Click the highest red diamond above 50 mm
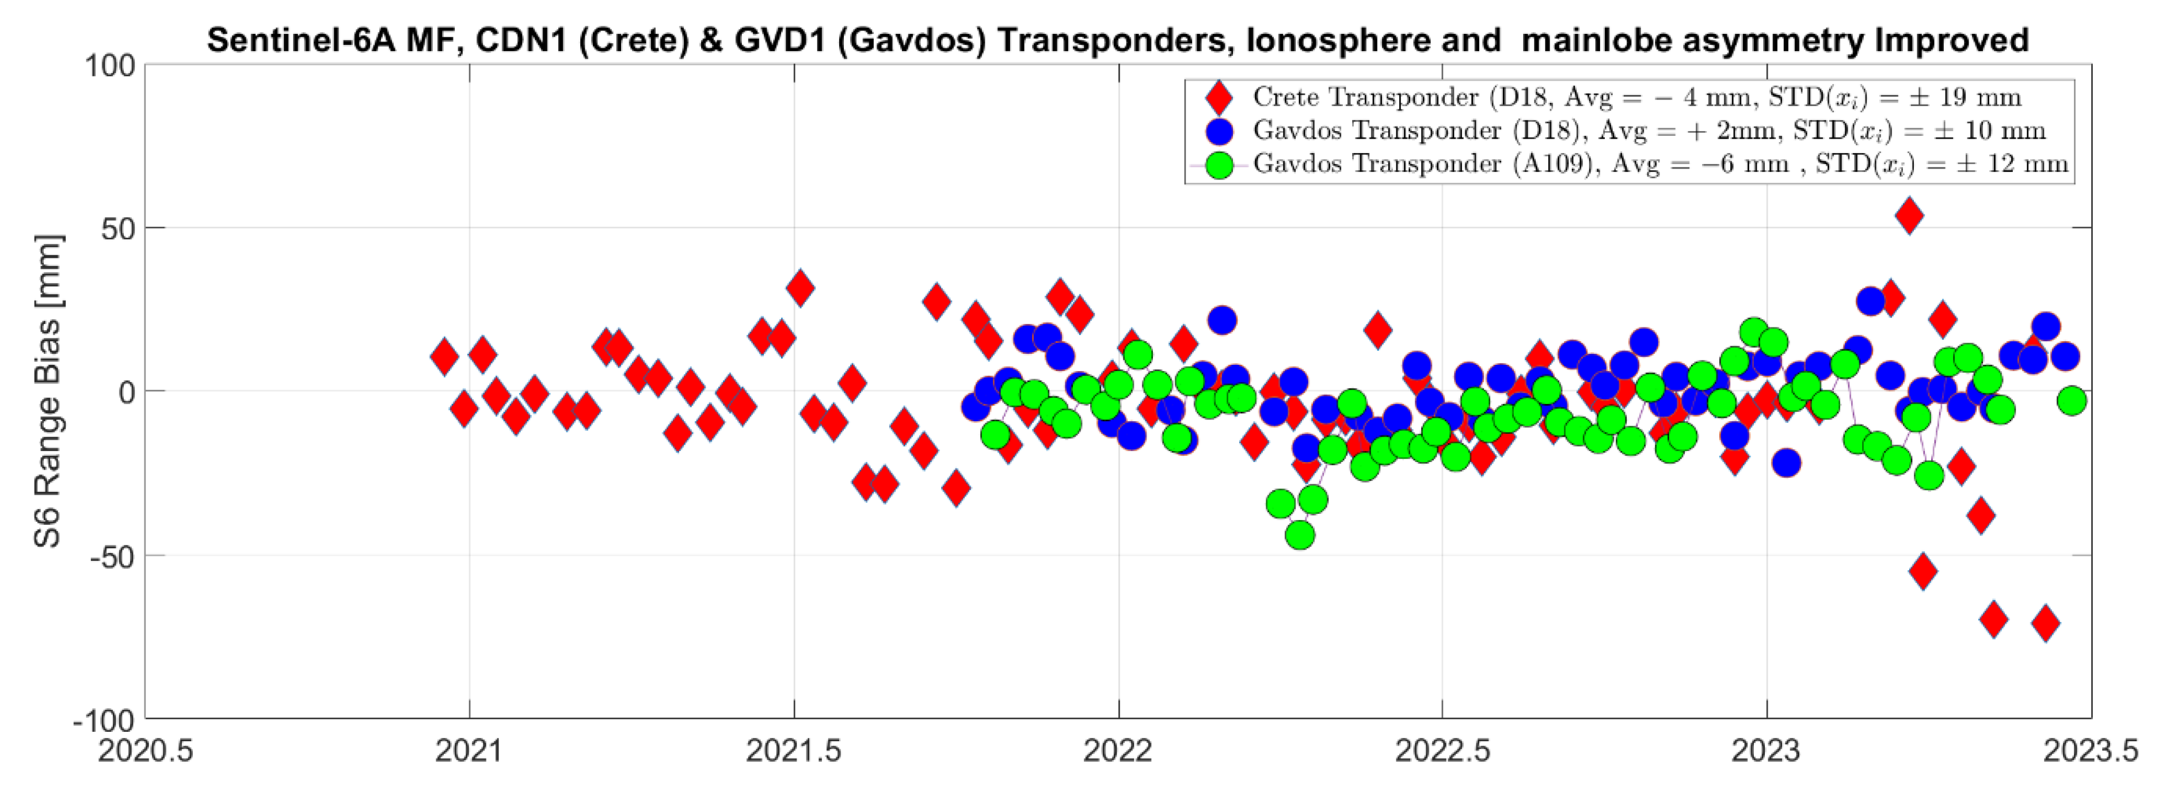point(1909,216)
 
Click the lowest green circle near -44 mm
point(1300,535)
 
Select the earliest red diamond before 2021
point(445,357)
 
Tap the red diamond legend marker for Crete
point(1219,97)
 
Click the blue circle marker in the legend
point(1219,131)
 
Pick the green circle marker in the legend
point(1219,165)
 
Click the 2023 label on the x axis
point(1766,750)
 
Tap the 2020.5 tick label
point(146,750)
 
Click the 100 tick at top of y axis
point(109,66)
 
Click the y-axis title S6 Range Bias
point(48,392)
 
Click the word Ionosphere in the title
point(1327,40)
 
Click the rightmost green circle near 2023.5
point(2072,401)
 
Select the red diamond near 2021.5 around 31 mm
point(800,288)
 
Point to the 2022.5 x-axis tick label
point(1442,750)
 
